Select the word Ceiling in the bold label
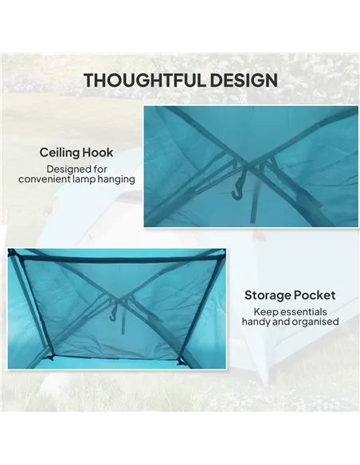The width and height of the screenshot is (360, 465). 61,152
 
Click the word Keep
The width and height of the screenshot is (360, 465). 266,311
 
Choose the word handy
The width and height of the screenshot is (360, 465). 258,322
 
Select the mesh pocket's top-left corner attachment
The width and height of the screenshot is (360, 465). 14,255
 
